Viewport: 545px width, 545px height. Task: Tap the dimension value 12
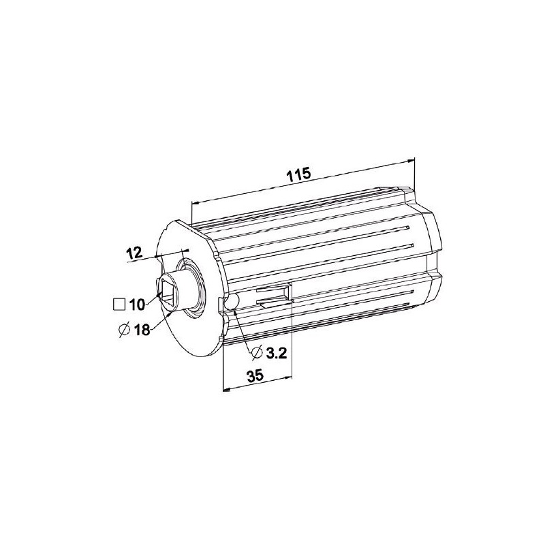(x=134, y=253)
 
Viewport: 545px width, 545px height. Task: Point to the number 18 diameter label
(x=141, y=330)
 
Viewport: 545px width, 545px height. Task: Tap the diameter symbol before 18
(x=124, y=330)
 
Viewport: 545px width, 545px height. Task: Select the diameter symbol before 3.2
(x=257, y=353)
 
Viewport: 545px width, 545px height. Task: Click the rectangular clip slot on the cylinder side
(x=272, y=294)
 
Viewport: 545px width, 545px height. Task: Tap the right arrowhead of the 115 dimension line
(x=411, y=160)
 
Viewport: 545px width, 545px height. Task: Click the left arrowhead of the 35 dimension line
(x=227, y=390)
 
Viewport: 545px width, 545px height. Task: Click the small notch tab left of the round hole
(x=220, y=304)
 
